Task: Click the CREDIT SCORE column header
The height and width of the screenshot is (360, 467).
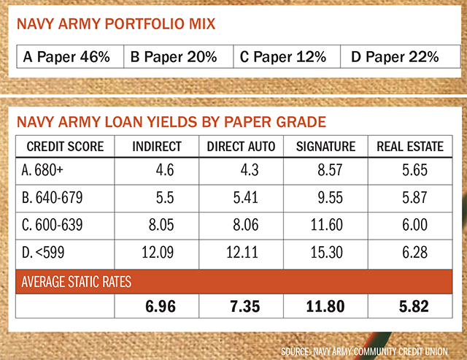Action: [x=66, y=147]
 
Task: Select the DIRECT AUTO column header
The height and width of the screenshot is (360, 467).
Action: [x=242, y=147]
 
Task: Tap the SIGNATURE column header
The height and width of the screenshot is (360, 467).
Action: [x=325, y=147]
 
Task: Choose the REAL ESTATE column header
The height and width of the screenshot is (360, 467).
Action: [x=409, y=147]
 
